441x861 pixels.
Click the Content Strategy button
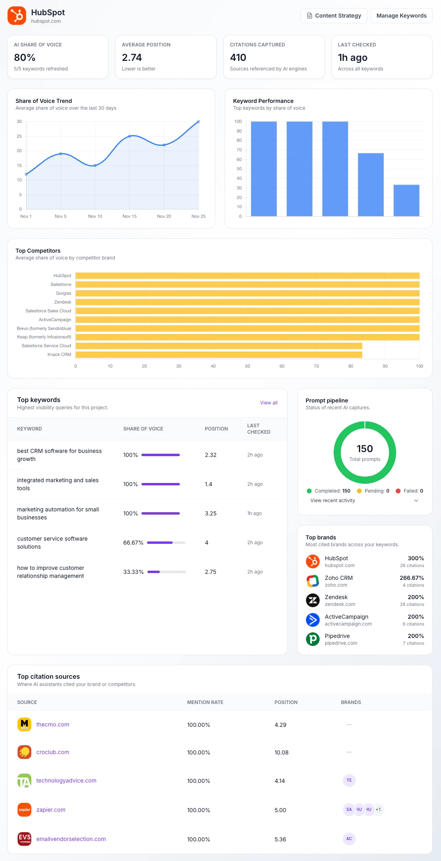[334, 16]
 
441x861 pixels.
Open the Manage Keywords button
[401, 16]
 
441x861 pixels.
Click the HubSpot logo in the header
[17, 16]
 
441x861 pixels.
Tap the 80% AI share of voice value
[25, 58]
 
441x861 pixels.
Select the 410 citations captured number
[238, 58]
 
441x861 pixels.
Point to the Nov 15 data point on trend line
[129, 136]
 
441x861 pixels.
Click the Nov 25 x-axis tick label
[198, 216]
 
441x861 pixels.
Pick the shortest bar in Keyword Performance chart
[406, 200]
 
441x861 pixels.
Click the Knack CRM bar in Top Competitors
[219, 354]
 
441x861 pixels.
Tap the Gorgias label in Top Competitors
[63, 293]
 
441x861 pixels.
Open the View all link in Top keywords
[268, 403]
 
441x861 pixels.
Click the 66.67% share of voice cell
[133, 543]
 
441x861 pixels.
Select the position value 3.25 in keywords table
[211, 513]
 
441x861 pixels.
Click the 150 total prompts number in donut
[364, 449]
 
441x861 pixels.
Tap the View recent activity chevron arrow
[416, 501]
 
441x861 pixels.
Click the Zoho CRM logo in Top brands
[313, 581]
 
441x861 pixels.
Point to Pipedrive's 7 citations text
[413, 643]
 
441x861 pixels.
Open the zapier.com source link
[51, 810]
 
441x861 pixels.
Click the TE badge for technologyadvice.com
[349, 780]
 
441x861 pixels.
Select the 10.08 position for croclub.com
[281, 752]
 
